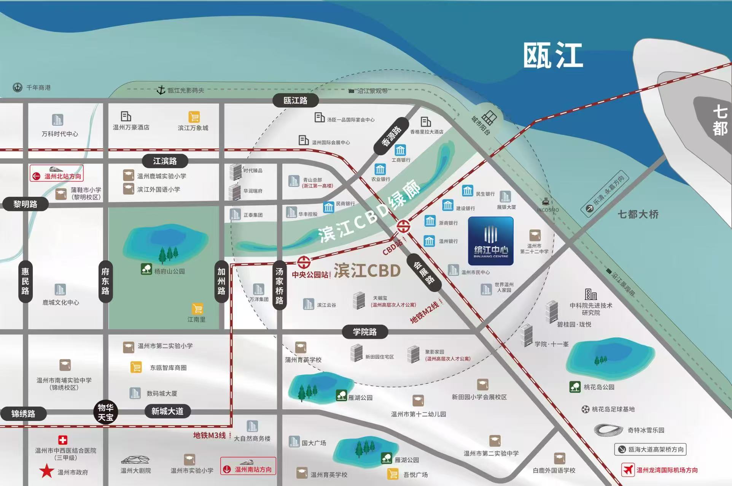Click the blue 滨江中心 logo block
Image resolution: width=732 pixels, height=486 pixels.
click(x=490, y=241)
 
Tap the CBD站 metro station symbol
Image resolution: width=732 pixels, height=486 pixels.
click(x=403, y=226)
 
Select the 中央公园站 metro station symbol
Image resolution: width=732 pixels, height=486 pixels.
click(x=303, y=262)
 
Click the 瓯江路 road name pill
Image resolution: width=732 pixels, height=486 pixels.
click(x=295, y=101)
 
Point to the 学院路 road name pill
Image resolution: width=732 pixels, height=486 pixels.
click(x=365, y=332)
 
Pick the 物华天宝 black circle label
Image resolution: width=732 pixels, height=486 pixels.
click(x=105, y=412)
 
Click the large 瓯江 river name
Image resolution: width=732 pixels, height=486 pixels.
click(x=553, y=56)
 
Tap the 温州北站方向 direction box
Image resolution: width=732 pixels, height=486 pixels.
click(x=57, y=173)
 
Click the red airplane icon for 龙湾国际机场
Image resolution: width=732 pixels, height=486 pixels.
click(x=627, y=470)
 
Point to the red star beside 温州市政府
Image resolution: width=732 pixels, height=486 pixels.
click(x=47, y=471)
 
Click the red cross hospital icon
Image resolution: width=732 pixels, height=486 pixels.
click(x=63, y=440)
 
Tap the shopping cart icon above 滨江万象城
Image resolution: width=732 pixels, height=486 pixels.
click(x=194, y=117)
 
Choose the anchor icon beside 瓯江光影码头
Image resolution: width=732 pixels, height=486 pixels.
click(x=161, y=90)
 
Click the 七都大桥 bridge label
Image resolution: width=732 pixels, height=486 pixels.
click(x=638, y=214)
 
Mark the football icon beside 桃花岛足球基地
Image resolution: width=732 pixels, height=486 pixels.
click(x=586, y=409)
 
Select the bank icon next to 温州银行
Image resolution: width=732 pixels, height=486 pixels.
click(x=429, y=241)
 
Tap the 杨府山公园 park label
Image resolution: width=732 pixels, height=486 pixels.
click(x=169, y=271)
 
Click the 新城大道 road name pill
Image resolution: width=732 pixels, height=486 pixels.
click(x=167, y=411)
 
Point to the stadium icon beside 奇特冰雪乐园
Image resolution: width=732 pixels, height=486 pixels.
click(x=608, y=430)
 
